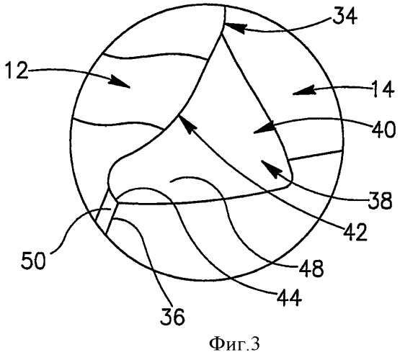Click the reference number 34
point(345,16)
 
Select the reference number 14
point(382,89)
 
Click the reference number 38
point(379,200)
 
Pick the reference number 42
point(355,232)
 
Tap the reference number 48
point(311,269)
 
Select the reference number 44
point(289,297)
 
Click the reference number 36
point(172,316)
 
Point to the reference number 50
point(33,260)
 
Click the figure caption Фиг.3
point(234,344)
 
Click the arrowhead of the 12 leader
point(119,82)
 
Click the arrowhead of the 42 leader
point(187,123)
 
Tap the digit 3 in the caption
point(255,344)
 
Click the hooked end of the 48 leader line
point(170,181)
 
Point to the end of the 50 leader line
point(110,210)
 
